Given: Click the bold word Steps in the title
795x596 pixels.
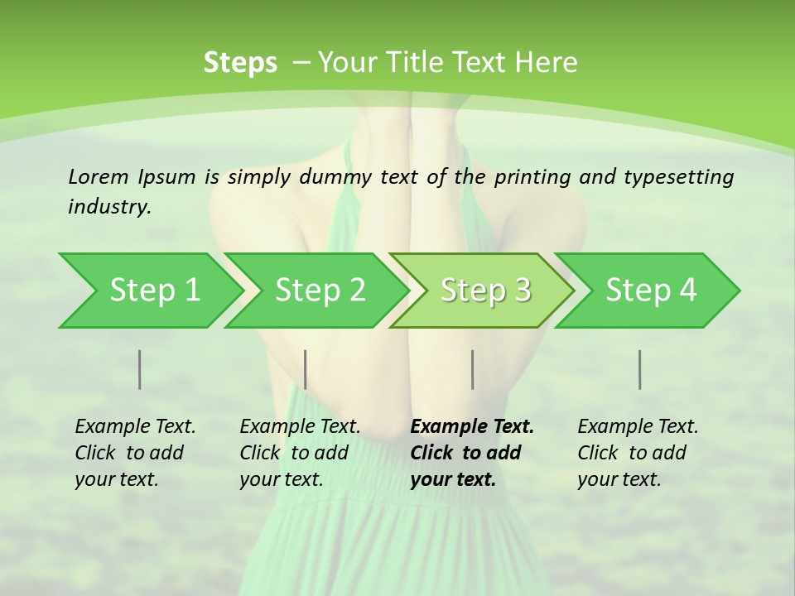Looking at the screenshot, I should pos(240,63).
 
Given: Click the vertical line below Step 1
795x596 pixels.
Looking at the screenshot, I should pos(140,369).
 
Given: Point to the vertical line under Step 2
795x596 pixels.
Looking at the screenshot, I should pos(306,369).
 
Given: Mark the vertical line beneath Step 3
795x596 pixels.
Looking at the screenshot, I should pos(473,369).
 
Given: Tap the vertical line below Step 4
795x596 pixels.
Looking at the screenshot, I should pos(640,369).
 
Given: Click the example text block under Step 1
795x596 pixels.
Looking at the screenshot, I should pos(135,453).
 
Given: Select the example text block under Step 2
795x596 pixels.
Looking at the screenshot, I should pos(300,453).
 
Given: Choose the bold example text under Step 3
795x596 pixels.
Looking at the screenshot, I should pos(472,453).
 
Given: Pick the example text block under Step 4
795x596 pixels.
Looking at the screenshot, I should pos(638,453).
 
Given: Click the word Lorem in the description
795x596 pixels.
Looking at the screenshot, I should pos(99,176).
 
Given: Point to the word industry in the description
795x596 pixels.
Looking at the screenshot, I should pos(109,207).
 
